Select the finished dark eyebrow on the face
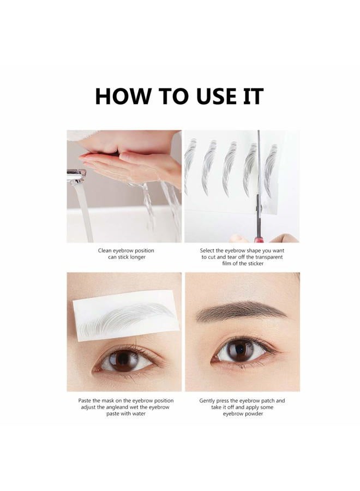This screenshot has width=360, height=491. pos(240,312)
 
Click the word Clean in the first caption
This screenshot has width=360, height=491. pos(106,250)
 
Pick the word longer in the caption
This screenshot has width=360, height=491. pos(136,257)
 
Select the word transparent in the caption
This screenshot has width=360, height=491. pos(268,257)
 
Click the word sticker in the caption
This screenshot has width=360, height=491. pos(254,264)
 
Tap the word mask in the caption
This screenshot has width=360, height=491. pos(111,401)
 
